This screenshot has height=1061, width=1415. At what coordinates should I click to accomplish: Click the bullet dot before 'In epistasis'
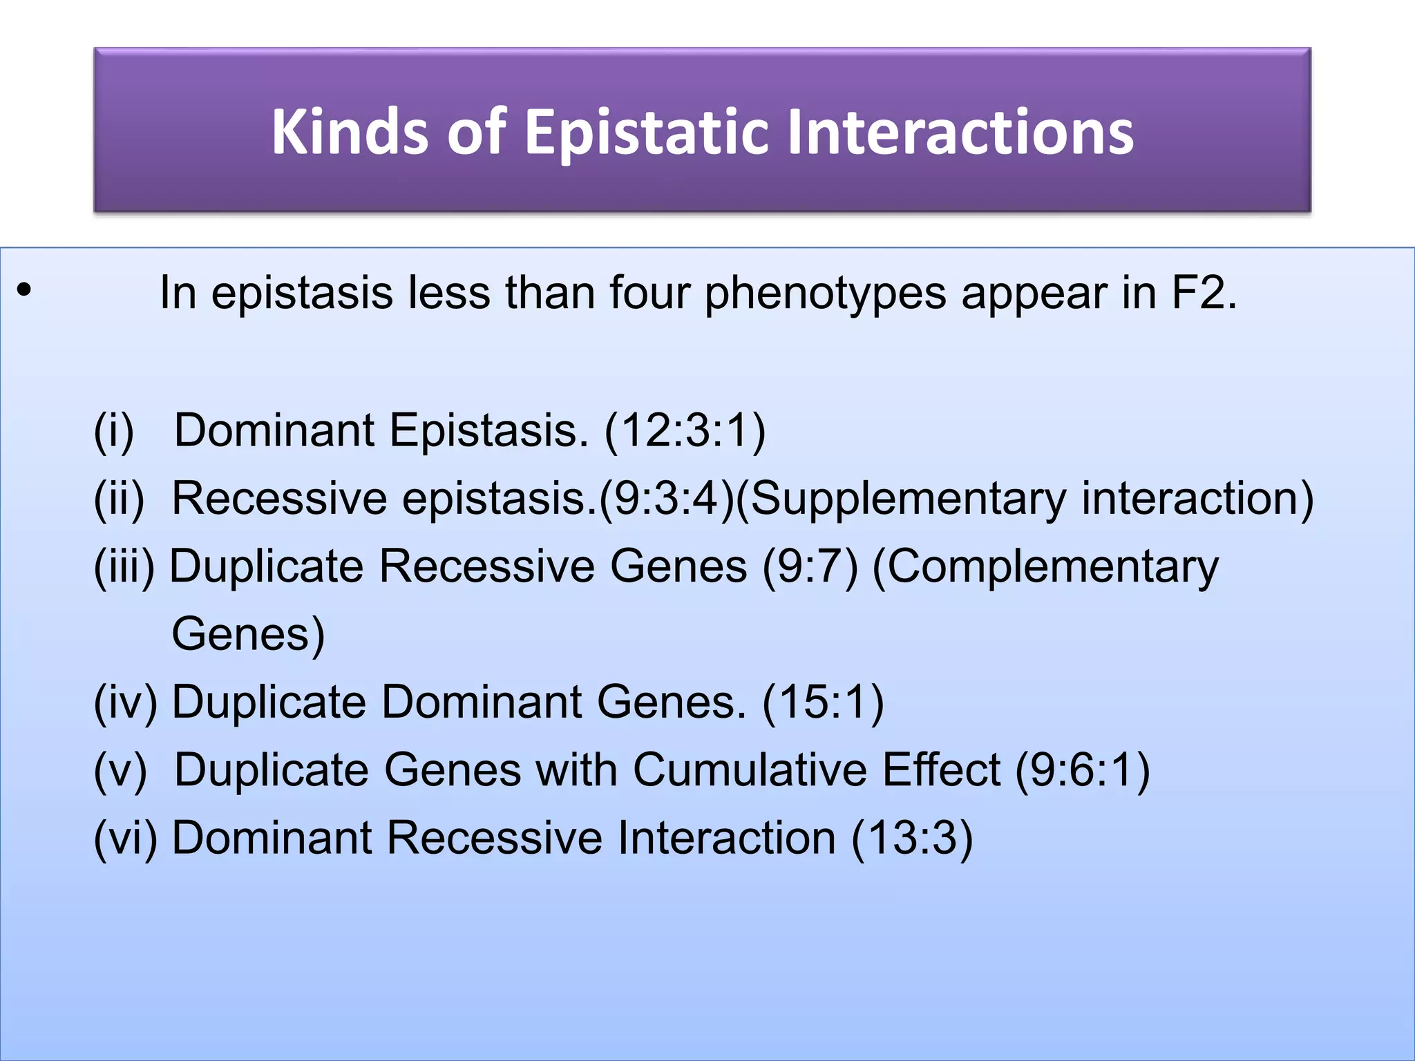[x=23, y=290]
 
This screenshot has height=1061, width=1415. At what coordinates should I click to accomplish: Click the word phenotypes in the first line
[x=825, y=294]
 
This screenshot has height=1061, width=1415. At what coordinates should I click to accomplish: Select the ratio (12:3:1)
[x=685, y=430]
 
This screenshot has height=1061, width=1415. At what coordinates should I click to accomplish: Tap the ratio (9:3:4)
[x=666, y=498]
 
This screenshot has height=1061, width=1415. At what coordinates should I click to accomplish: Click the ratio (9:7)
[x=810, y=566]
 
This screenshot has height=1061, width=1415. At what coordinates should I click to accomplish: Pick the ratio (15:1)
[x=823, y=702]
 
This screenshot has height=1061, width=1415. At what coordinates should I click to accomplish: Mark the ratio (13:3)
[x=912, y=838]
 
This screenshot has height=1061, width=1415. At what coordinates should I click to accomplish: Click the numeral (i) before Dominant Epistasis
[x=114, y=430]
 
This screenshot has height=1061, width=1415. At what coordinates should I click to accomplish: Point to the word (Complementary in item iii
[x=1045, y=566]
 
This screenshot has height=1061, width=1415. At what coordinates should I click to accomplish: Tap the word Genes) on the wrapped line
[x=248, y=634]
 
